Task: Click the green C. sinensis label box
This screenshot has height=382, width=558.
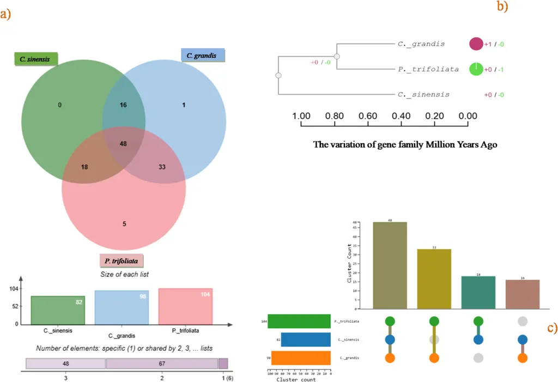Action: (x=35, y=58)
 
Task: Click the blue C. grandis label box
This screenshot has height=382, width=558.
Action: (x=202, y=55)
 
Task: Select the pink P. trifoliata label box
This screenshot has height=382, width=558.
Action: (x=118, y=261)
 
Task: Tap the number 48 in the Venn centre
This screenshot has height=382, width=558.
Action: (x=123, y=143)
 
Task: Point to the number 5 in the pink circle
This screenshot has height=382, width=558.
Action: (x=124, y=223)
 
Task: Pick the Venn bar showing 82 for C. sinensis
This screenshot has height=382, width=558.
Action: (x=58, y=310)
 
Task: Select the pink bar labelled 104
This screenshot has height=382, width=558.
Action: (x=185, y=306)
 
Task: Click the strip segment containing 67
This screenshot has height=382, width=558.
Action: (x=162, y=363)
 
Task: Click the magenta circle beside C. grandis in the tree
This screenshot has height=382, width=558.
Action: (x=476, y=44)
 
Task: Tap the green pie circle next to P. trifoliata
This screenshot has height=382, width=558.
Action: (x=476, y=69)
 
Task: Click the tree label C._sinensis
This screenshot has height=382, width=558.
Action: (x=424, y=94)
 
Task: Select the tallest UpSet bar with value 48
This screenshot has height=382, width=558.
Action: (x=390, y=265)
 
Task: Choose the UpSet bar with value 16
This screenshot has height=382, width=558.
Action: (x=523, y=295)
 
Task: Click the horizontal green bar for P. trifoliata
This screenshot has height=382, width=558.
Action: (x=299, y=321)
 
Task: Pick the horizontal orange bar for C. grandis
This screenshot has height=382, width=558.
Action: (x=301, y=357)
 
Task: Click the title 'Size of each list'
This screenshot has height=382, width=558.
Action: (x=125, y=274)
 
